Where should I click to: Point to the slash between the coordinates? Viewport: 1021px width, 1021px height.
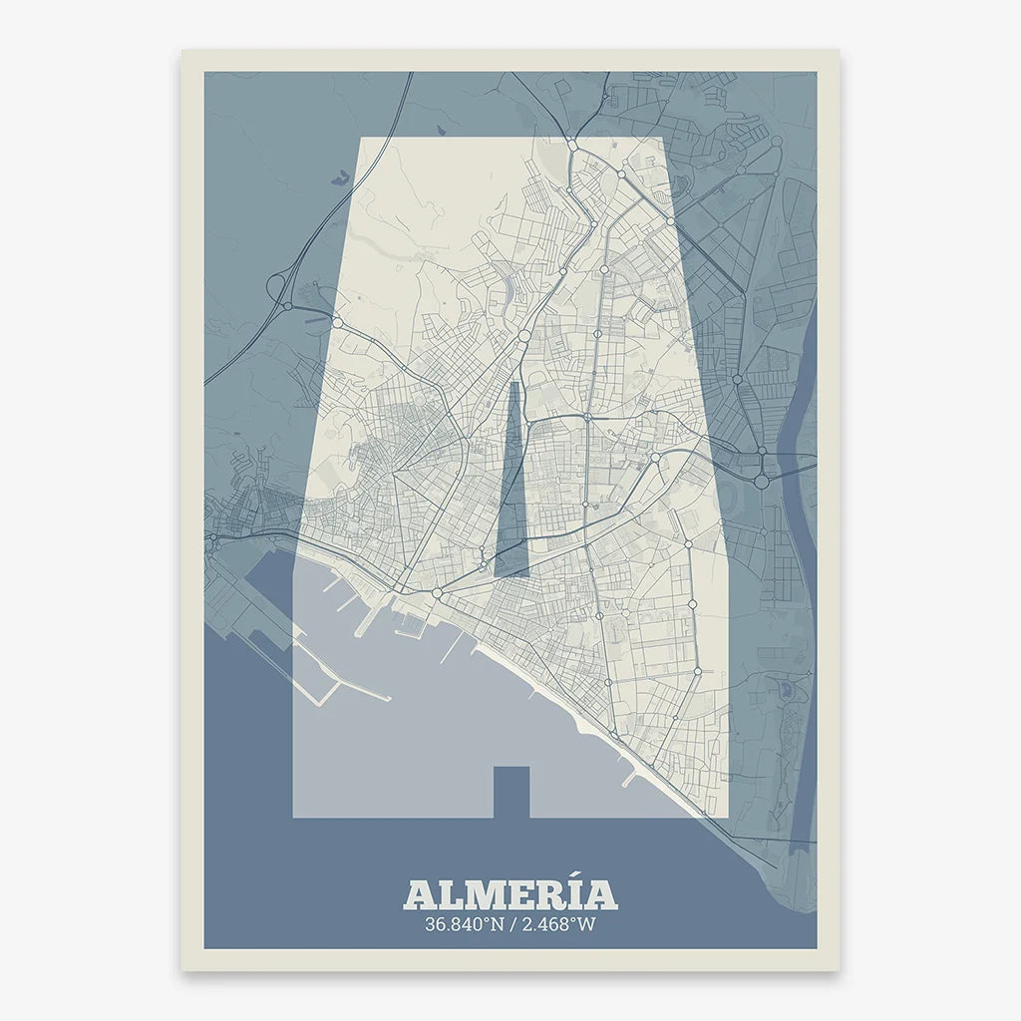click(x=511, y=924)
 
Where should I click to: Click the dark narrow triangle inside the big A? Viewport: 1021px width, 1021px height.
click(x=512, y=489)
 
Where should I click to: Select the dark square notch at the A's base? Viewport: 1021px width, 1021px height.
click(x=511, y=791)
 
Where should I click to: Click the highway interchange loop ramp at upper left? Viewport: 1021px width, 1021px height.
click(x=276, y=286)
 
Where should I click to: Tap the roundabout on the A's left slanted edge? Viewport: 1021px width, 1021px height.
click(x=337, y=323)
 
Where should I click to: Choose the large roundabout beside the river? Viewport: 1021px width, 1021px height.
click(x=761, y=481)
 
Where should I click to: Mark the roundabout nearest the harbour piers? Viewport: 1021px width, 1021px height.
click(x=437, y=594)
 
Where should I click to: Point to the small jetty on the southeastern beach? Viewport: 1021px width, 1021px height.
click(x=628, y=779)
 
